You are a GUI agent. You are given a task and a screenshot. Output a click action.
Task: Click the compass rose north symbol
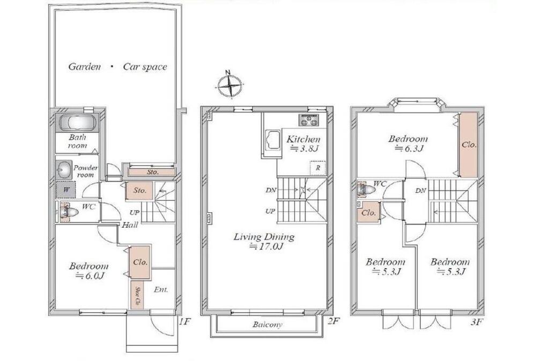(x=229, y=84)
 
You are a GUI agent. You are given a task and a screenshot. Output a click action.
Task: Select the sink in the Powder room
(x=63, y=170)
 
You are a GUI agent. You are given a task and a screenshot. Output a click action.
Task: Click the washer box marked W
(x=65, y=190)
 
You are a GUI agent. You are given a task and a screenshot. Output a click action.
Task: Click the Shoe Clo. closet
(x=137, y=294)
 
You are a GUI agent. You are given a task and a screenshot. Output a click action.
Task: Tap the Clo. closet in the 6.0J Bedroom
(x=140, y=263)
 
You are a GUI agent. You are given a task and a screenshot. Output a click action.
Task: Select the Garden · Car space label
(x=117, y=67)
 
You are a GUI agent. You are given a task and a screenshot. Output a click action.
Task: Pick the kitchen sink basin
(x=272, y=140)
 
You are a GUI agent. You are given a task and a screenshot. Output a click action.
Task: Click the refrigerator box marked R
(x=318, y=168)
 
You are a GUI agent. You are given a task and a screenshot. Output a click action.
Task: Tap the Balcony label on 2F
(x=267, y=324)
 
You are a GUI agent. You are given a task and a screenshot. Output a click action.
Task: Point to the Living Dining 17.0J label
(x=264, y=241)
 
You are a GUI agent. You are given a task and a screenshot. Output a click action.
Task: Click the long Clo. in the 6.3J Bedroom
(x=469, y=145)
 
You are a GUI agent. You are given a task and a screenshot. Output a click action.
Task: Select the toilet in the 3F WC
(x=367, y=190)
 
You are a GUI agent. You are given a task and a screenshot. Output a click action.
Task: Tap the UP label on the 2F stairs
(x=270, y=211)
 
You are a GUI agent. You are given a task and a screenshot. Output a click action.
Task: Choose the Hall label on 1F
(x=130, y=225)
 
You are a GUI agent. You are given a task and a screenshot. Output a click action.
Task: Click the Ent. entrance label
(x=161, y=290)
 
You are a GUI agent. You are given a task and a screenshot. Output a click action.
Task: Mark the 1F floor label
(x=184, y=322)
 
